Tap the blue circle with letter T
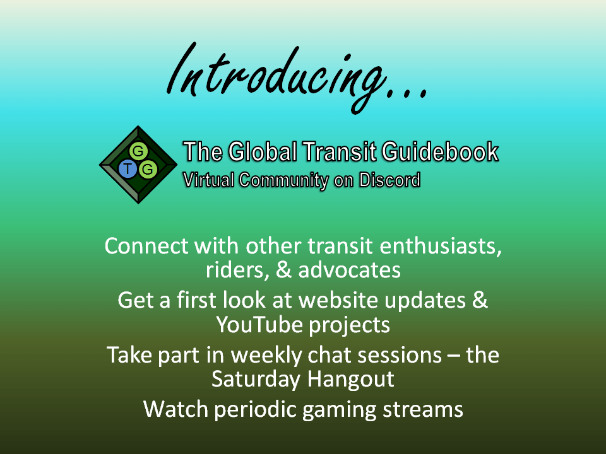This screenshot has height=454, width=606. click(128, 169)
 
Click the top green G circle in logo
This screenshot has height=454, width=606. click(138, 151)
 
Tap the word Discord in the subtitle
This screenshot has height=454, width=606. click(389, 180)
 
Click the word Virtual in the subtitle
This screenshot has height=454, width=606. click(209, 180)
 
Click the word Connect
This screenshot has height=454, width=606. click(147, 246)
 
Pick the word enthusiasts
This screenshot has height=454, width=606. click(441, 247)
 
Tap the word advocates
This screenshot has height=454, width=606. click(349, 270)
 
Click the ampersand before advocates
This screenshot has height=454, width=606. click(283, 270)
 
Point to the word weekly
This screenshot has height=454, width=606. click(266, 356)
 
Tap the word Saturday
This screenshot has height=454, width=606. click(256, 380)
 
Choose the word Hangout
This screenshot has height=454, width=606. click(351, 380)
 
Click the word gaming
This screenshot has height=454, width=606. click(339, 410)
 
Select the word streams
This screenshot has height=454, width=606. click(423, 409)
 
